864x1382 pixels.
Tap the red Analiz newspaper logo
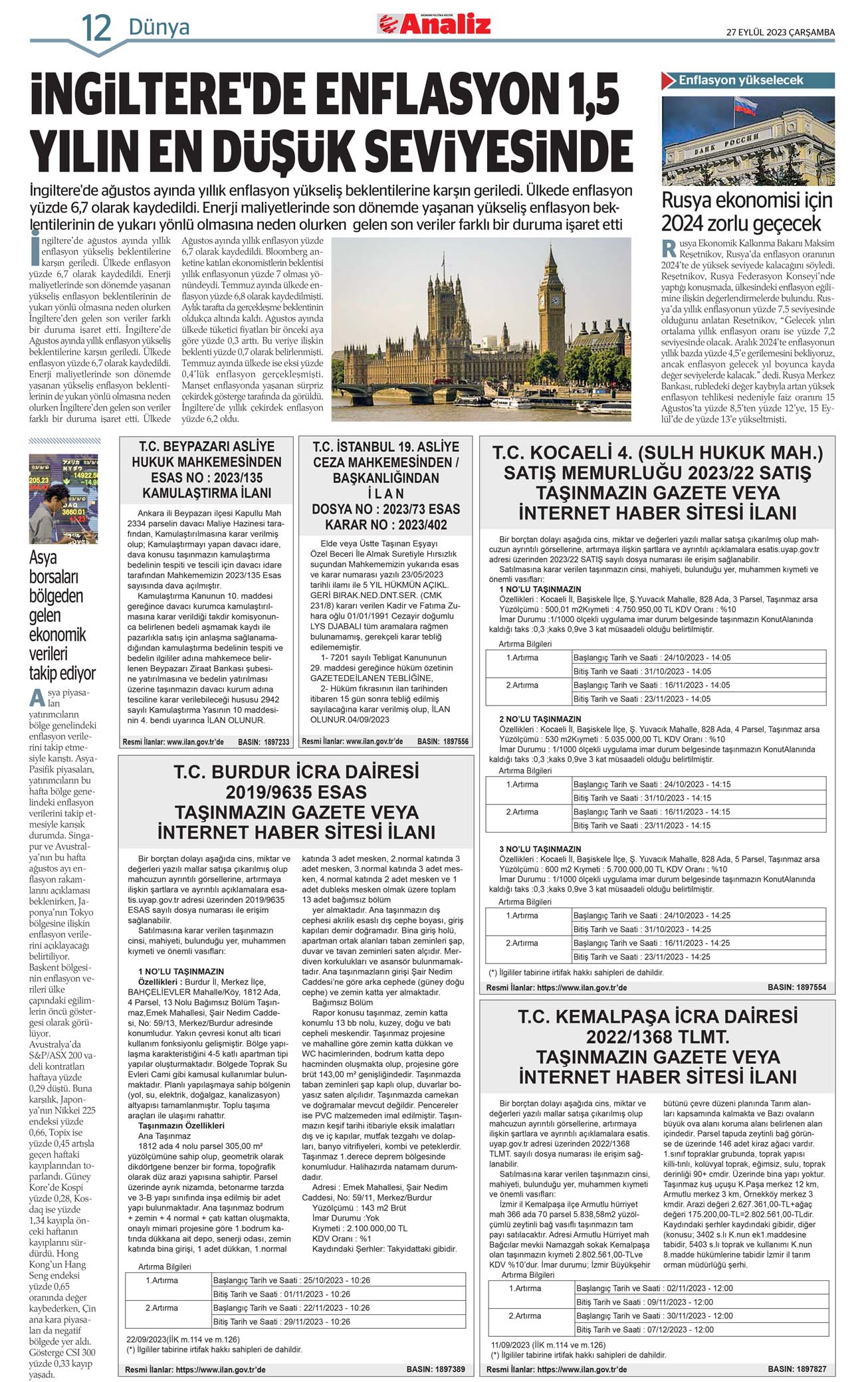click(x=435, y=25)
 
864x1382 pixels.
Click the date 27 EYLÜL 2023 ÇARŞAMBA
click(x=780, y=32)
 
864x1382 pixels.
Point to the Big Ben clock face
click(x=554, y=300)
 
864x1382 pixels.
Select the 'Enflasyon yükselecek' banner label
click(x=740, y=80)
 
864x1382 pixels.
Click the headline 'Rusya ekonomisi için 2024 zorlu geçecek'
click(x=746, y=211)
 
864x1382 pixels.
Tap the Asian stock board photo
click(x=63, y=498)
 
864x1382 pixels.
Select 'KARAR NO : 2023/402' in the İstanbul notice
click(x=385, y=525)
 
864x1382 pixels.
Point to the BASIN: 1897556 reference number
click(x=443, y=741)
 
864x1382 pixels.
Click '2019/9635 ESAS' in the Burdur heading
click(x=296, y=792)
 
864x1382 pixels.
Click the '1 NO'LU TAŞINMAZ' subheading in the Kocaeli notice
click(x=540, y=589)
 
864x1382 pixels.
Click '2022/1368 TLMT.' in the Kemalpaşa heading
click(x=657, y=1036)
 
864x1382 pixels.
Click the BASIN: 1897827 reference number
click(x=797, y=1369)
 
